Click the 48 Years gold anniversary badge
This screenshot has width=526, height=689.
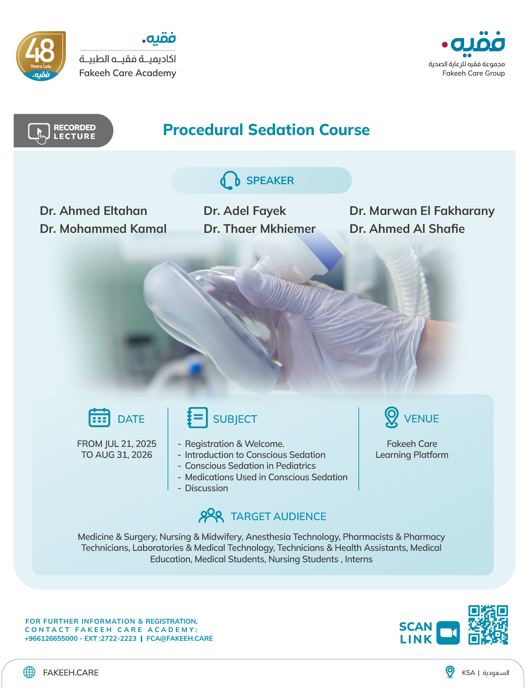(41, 56)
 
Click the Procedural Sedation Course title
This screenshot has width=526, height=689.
(266, 130)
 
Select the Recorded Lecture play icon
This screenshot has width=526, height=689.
(39, 132)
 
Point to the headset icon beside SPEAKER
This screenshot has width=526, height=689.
(230, 180)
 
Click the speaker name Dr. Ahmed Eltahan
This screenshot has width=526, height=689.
(93, 211)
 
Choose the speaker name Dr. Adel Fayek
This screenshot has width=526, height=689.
(245, 211)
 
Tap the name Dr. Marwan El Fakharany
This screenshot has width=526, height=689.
(422, 211)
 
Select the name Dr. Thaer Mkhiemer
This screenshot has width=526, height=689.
(260, 229)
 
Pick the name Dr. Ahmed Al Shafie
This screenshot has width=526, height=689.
(407, 229)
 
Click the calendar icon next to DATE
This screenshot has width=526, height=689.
(100, 418)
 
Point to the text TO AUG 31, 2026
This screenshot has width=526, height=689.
(117, 455)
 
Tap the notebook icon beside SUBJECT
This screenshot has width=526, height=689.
(197, 418)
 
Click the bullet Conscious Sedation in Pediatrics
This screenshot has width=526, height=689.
(250, 466)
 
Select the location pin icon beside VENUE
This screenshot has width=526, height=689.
(391, 417)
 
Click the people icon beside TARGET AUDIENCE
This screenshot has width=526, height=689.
(211, 516)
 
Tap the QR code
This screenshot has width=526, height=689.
(488, 625)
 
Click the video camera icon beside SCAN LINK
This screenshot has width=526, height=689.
(448, 633)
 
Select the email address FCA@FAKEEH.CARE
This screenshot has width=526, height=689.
(179, 639)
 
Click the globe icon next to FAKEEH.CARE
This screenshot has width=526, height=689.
(29, 672)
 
